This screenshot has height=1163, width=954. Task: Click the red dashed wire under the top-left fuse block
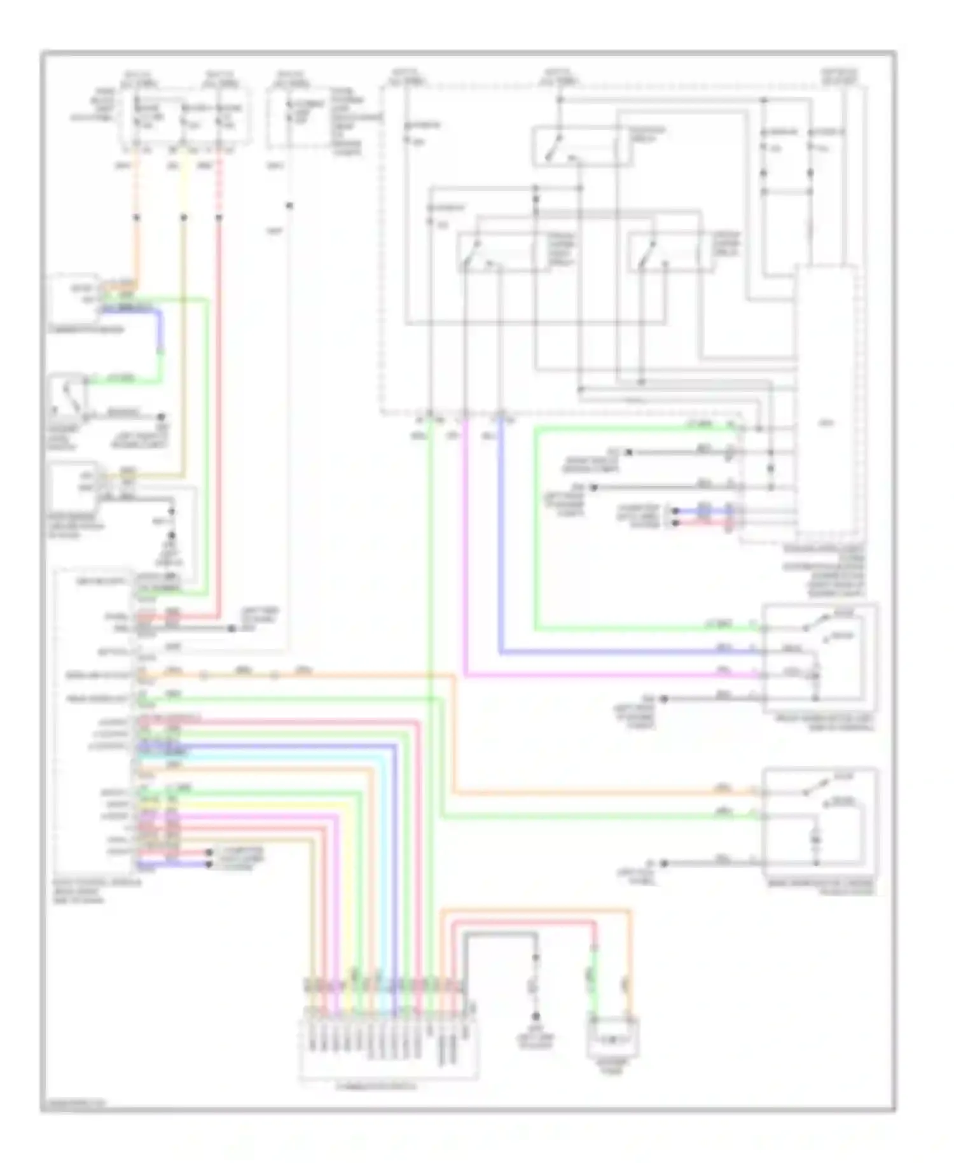pos(219,185)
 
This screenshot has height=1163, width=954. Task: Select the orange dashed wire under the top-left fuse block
pos(137,185)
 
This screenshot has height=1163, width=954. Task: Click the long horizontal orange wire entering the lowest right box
pos(604,793)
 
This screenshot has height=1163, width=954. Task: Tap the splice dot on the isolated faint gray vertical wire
pos(289,205)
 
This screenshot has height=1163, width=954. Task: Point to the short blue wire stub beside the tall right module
pos(703,511)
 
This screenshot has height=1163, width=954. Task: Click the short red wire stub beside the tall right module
pos(703,522)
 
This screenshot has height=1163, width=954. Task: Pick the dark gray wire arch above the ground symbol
pos(500,934)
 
